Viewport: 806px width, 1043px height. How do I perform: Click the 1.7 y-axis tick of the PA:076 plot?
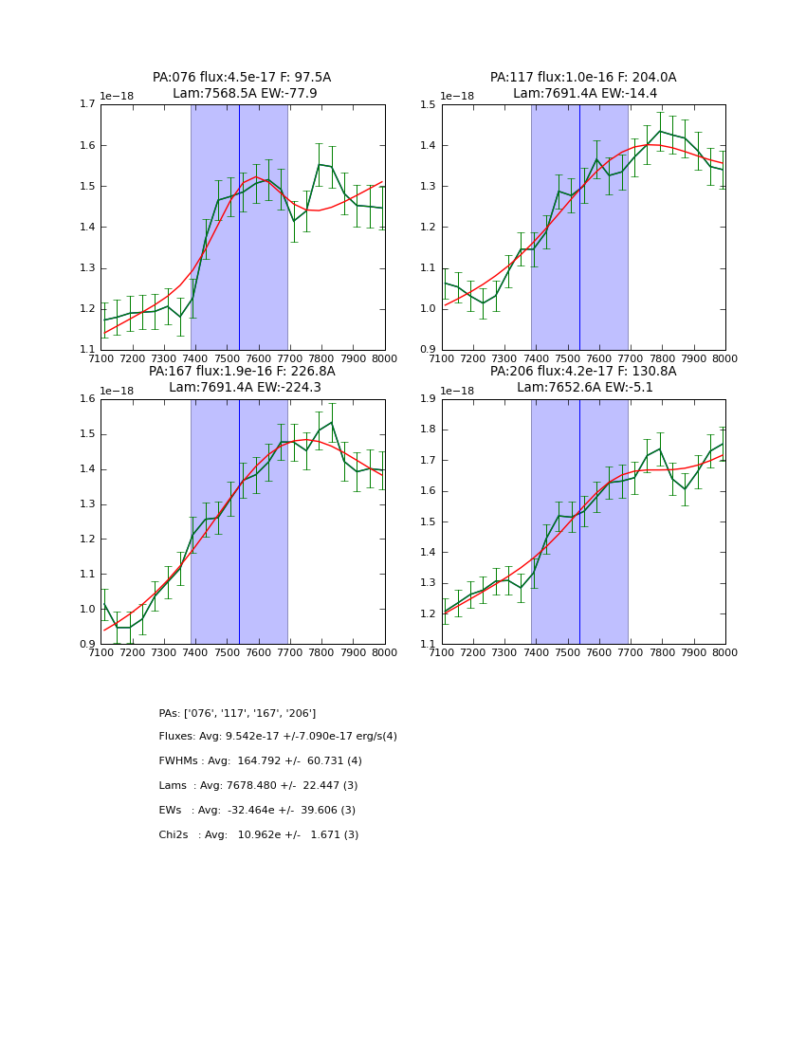86,104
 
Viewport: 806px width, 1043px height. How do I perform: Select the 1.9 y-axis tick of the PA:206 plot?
428,399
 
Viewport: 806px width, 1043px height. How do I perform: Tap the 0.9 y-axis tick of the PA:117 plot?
428,350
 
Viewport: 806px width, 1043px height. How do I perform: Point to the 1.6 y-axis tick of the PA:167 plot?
86,399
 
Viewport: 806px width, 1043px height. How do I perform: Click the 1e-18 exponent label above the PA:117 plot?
458,96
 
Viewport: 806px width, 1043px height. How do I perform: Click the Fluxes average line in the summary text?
278,737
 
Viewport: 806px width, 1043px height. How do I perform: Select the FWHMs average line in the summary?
260,761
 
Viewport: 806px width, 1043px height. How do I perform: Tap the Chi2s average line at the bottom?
258,835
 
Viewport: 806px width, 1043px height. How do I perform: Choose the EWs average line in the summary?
257,811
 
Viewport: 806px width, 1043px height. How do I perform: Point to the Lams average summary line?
258,786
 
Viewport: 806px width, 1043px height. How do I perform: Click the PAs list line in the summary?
237,713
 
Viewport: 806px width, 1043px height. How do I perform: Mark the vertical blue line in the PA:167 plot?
239,521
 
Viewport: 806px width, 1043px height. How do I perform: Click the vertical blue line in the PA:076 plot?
239,228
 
